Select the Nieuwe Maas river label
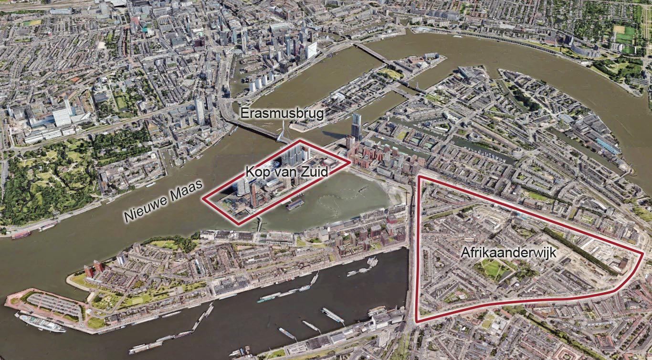tap(163, 202)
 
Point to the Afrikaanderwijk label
tap(509, 253)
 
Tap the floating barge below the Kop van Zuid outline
tap(295, 204)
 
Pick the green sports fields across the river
tap(624, 38)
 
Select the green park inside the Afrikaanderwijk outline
tap(492, 268)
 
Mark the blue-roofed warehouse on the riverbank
tap(607, 145)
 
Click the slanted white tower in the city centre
tap(311, 50)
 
